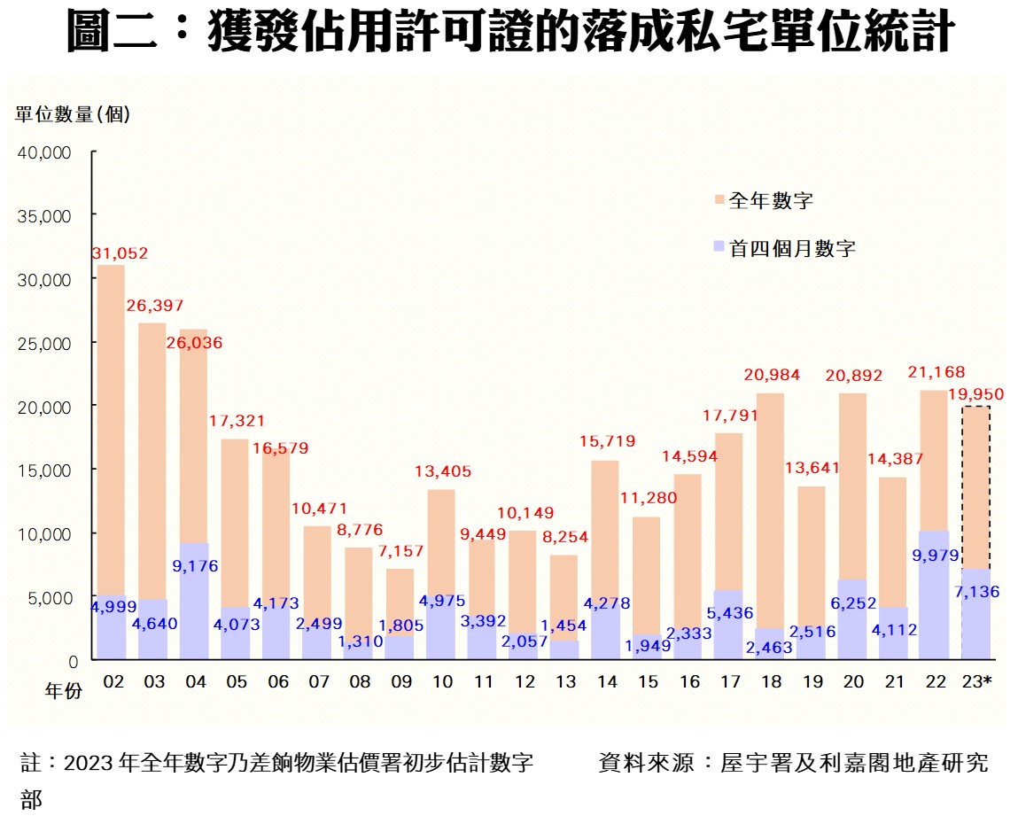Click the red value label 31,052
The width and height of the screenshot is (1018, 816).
(120, 253)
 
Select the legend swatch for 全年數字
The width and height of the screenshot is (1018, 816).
(719, 201)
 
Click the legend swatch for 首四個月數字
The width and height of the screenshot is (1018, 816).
(719, 249)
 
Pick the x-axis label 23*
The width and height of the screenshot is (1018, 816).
(976, 681)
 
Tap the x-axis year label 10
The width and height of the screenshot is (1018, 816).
(441, 681)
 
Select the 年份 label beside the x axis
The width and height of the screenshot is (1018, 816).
(64, 690)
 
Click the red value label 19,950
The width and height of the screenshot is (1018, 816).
(976, 392)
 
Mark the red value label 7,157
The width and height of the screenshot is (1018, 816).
(400, 551)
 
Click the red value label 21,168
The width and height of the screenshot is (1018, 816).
(935, 372)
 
